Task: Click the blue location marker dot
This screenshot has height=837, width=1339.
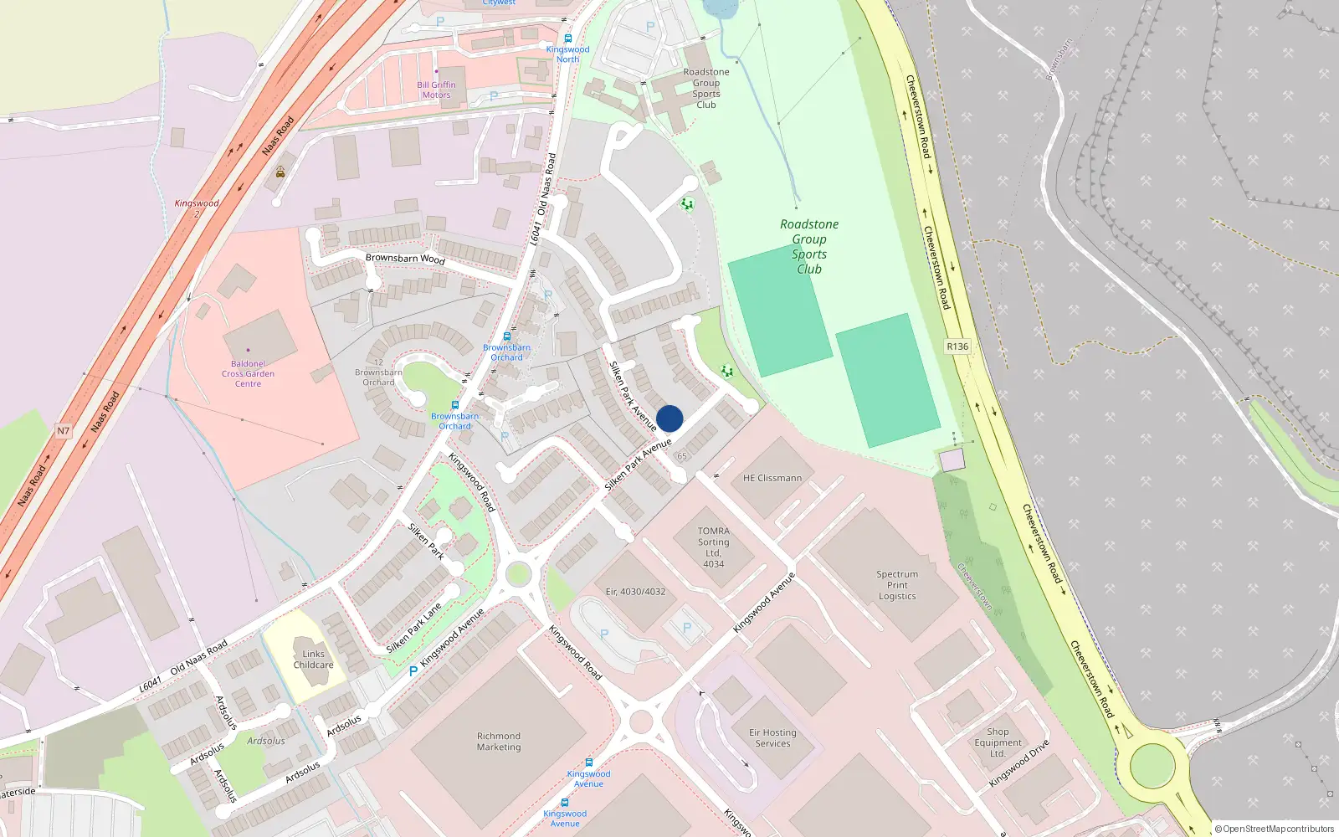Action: [x=669, y=418]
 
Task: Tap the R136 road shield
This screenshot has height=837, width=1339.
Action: [x=957, y=347]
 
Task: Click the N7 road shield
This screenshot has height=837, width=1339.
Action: [x=64, y=431]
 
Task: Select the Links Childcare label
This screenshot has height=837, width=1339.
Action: [x=313, y=660]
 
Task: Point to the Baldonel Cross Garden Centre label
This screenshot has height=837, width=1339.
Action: [x=248, y=374]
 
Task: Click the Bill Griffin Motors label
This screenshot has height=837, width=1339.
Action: [x=436, y=90]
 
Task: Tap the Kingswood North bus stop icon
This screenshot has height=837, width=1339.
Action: [x=568, y=39]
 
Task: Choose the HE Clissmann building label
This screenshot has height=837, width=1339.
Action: [x=772, y=478]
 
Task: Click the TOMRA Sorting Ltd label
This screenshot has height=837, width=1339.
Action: [x=713, y=547]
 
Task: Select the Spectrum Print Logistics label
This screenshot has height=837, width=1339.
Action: [x=897, y=585]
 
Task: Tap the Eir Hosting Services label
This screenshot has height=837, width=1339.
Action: [x=772, y=737]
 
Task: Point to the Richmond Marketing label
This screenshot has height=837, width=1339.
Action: [x=499, y=742]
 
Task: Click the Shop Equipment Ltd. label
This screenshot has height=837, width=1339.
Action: [x=998, y=742]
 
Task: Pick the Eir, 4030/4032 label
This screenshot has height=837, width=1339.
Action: [x=635, y=592]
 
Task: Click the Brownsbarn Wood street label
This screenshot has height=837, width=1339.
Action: [x=405, y=259]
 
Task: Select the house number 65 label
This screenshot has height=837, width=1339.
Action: [x=682, y=456]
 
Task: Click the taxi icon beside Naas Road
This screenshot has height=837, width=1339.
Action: [x=280, y=172]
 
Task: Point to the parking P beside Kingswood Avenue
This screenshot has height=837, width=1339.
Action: [x=413, y=671]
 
